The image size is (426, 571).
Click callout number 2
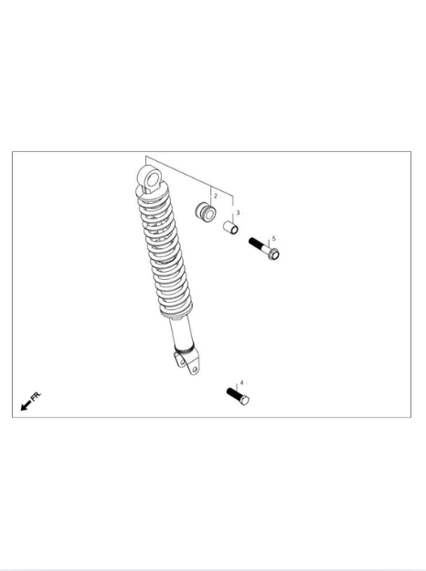point(216,196)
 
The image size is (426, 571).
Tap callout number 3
point(238,212)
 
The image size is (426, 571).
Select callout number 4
point(241,382)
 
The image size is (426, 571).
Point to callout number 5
point(274,239)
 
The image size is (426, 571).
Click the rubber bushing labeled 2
point(206,212)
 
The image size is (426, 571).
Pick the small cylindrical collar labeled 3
point(230,228)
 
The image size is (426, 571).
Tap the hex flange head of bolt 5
point(273,253)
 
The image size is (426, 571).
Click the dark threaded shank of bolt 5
point(259,244)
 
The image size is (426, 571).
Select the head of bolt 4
point(244,400)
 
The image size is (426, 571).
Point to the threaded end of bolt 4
point(233,393)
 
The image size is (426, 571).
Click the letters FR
point(36,396)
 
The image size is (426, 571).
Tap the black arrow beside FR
point(26,405)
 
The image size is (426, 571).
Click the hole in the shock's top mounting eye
point(153,180)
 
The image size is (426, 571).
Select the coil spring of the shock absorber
point(165,252)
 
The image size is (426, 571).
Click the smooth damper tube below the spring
point(181,330)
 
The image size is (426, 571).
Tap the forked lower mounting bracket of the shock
point(187,361)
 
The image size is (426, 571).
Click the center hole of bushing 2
point(209,215)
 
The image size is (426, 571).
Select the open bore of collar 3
point(234,230)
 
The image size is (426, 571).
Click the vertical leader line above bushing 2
point(210,197)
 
